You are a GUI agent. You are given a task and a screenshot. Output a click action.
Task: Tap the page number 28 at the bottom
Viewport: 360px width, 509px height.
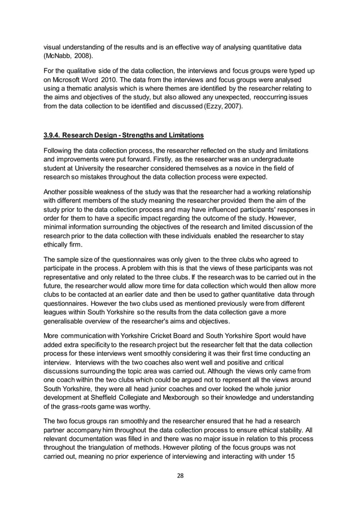pos(180,475)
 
